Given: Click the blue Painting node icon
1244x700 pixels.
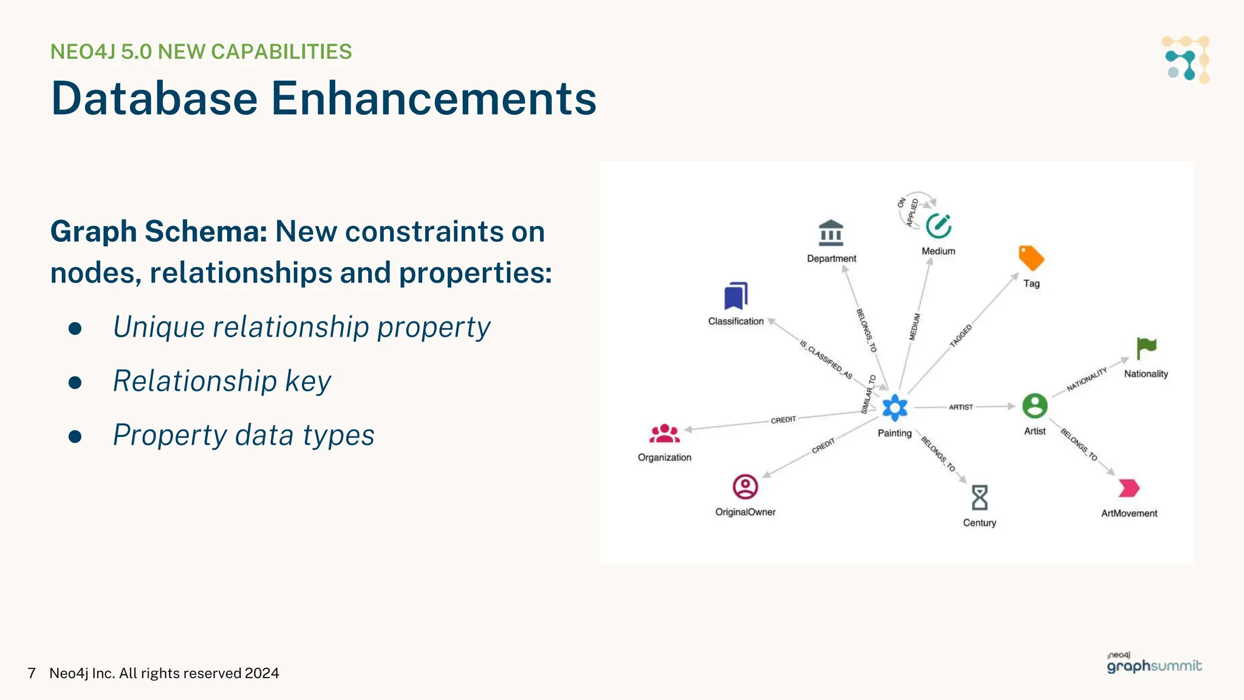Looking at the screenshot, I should coord(895,408).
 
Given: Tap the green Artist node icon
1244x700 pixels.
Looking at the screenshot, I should coord(1034,406).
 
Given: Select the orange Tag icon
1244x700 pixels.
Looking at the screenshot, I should coord(1031,258).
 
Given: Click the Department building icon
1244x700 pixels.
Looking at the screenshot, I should coord(831,233).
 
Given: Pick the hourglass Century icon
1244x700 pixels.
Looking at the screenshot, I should coord(979,498).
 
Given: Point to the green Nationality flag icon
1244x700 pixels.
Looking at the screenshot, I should coord(1146,349).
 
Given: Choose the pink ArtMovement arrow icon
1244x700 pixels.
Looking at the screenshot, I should coord(1129,488).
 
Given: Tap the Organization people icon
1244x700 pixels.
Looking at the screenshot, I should coord(665,434).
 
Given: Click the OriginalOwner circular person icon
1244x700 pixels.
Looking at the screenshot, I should coord(745,487).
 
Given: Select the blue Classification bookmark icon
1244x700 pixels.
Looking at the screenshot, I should coord(736,297).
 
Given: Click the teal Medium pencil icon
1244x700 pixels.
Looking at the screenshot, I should coord(938,226).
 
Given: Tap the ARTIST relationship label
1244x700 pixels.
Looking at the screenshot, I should coord(961,407).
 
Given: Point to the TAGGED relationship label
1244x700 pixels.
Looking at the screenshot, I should coord(961,336).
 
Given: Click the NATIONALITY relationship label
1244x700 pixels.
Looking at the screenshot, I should coord(1087,379).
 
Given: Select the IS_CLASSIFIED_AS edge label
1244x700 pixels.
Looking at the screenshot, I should coord(826,360).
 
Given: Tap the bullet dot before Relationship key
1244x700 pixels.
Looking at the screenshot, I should coord(75,383).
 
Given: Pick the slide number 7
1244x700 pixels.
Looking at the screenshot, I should coord(32,673).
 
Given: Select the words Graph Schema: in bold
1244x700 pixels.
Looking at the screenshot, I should coord(159,232).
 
